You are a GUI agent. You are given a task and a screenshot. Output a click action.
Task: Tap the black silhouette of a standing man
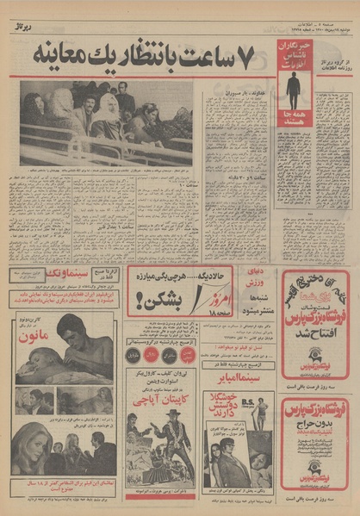point(294,89)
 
